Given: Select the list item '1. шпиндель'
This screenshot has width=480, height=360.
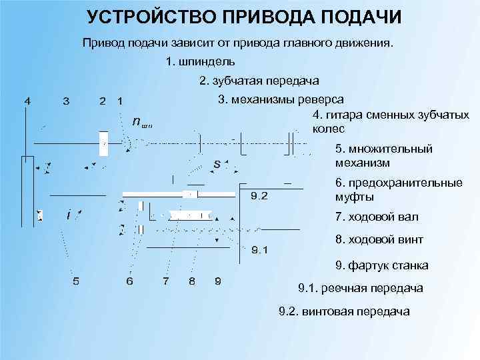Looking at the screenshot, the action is (x=200, y=62).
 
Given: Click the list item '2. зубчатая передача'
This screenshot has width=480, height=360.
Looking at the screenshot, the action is (x=259, y=81).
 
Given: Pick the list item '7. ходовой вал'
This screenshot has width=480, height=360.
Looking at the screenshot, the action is (x=377, y=217).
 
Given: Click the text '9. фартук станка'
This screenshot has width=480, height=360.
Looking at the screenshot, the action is (x=382, y=265).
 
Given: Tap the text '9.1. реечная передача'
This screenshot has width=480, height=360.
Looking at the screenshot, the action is (x=360, y=288).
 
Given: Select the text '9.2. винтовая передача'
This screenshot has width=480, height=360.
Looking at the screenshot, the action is (x=344, y=311).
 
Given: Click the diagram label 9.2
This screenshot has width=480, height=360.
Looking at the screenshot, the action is (x=259, y=196).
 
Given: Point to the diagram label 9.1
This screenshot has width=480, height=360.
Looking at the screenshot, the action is (x=259, y=251).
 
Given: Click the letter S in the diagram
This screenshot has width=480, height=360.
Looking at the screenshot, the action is (x=217, y=163).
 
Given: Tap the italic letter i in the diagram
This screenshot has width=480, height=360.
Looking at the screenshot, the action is (x=69, y=215).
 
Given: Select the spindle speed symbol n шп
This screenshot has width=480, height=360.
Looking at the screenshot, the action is (x=142, y=122).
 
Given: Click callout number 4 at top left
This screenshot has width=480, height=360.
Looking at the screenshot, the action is (x=27, y=101).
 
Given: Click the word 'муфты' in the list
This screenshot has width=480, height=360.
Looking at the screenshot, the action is (x=355, y=197).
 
